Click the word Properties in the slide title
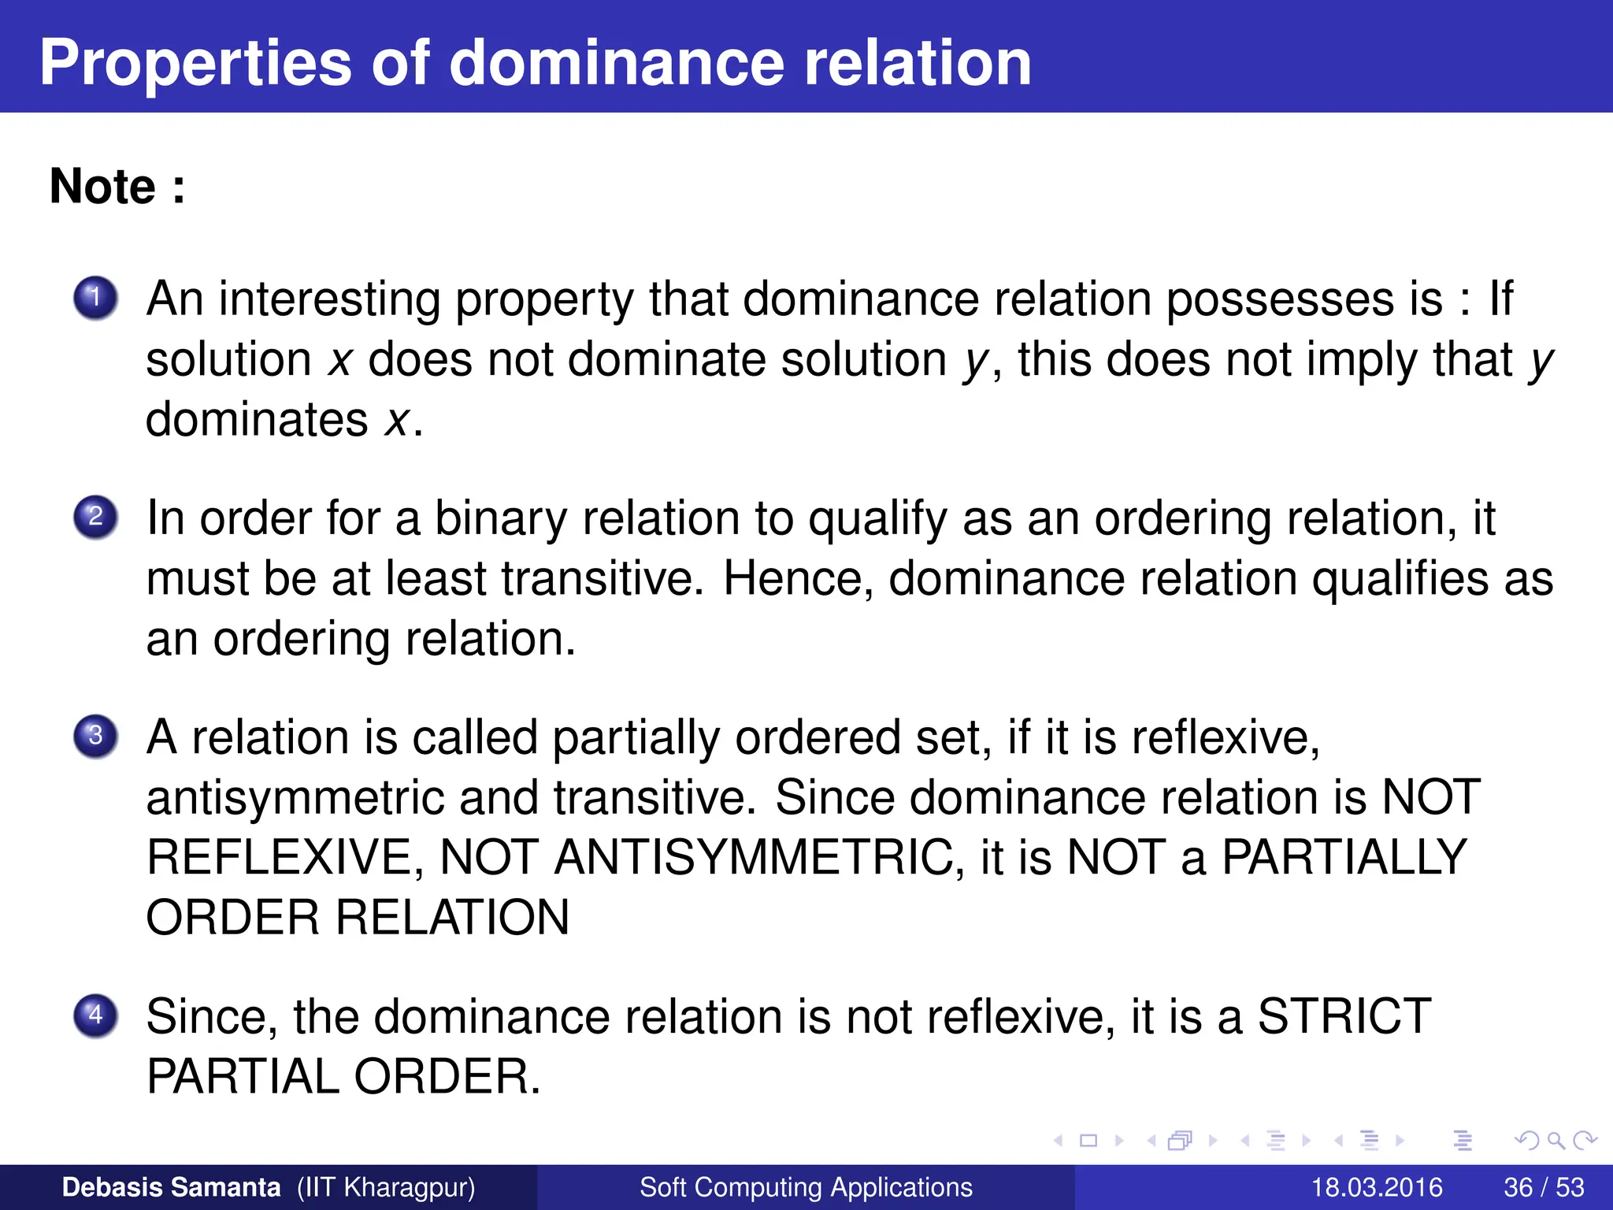[x=195, y=63]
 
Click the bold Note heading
[x=117, y=187]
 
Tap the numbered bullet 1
[x=95, y=298]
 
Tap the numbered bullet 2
[x=95, y=517]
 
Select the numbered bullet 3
[x=95, y=736]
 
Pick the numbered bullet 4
[x=95, y=1015]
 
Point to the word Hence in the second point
[x=798, y=579]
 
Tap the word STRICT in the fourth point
[x=1344, y=1016]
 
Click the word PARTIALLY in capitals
[x=1344, y=857]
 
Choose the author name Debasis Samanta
[x=171, y=1187]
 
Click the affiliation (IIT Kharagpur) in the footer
[x=386, y=1187]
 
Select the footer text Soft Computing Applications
[x=806, y=1187]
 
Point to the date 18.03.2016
[x=1376, y=1187]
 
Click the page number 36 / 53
[x=1544, y=1187]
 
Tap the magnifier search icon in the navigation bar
[x=1556, y=1140]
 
